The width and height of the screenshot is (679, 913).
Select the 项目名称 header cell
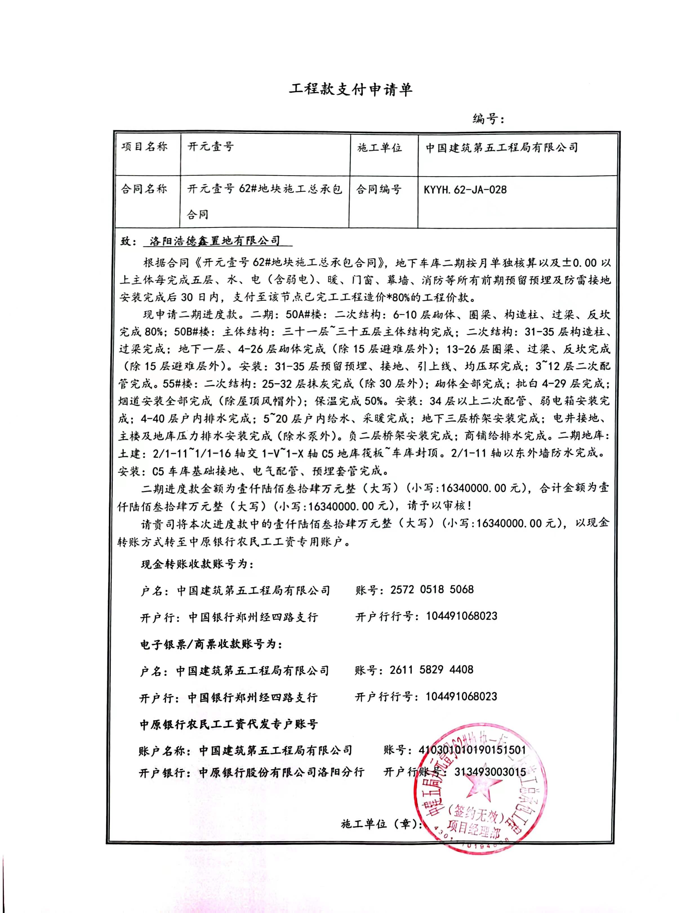(x=145, y=147)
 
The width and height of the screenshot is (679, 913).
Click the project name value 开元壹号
(x=210, y=147)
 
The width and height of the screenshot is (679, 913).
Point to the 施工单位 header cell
(x=379, y=148)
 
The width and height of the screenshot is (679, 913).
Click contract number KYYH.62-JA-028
(x=465, y=190)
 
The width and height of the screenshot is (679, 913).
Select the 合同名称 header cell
(x=144, y=189)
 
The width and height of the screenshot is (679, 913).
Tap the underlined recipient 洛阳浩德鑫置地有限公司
(x=215, y=241)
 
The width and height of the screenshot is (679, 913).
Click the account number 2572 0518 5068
(x=432, y=589)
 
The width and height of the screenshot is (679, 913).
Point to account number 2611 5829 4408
(x=431, y=670)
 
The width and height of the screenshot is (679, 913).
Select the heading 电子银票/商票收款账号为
(x=211, y=644)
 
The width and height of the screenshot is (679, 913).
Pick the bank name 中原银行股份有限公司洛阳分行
(x=282, y=772)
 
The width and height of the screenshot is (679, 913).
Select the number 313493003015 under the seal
(x=490, y=772)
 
